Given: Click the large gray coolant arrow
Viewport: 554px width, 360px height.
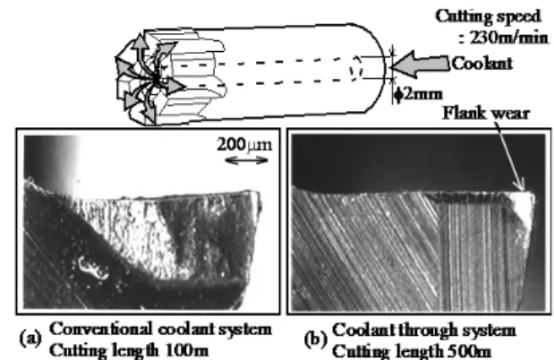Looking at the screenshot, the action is point(421,64).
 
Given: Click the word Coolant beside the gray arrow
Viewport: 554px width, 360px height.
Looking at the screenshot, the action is point(482,64).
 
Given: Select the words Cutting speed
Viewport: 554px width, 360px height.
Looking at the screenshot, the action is point(489,17).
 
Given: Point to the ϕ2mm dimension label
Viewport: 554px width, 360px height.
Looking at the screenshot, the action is point(419,95).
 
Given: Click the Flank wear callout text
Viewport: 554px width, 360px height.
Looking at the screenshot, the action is point(486,114).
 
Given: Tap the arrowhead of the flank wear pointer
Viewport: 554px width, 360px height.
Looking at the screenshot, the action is point(522,186).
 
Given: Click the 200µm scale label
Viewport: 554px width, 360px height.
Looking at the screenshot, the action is point(244,145).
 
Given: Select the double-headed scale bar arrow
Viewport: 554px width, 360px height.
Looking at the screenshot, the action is point(246,161).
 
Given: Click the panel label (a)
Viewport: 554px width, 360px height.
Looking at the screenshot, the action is point(30,338).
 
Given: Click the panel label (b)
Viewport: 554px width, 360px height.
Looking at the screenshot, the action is point(316,339).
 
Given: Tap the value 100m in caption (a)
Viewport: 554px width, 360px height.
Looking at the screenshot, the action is point(187,351).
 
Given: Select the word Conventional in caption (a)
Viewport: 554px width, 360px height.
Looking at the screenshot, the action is point(102,330).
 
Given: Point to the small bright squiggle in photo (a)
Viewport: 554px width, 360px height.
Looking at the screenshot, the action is point(91,268).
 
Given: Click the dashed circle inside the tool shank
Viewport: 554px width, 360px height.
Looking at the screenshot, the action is point(356,67).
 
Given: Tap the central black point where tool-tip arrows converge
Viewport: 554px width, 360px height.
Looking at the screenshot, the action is point(156,81).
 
